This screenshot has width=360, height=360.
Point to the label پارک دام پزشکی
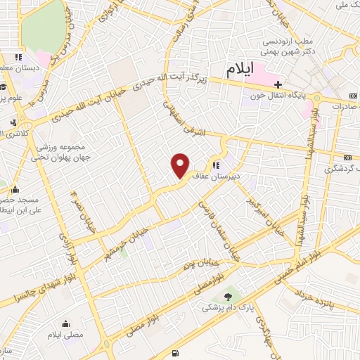coord(226,308)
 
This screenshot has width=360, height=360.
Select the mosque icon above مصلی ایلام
coord(65,323)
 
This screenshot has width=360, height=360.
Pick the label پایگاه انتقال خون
coord(281,96)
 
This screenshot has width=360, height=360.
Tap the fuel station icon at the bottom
coord(174,352)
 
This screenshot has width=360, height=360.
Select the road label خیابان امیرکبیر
coord(258,210)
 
